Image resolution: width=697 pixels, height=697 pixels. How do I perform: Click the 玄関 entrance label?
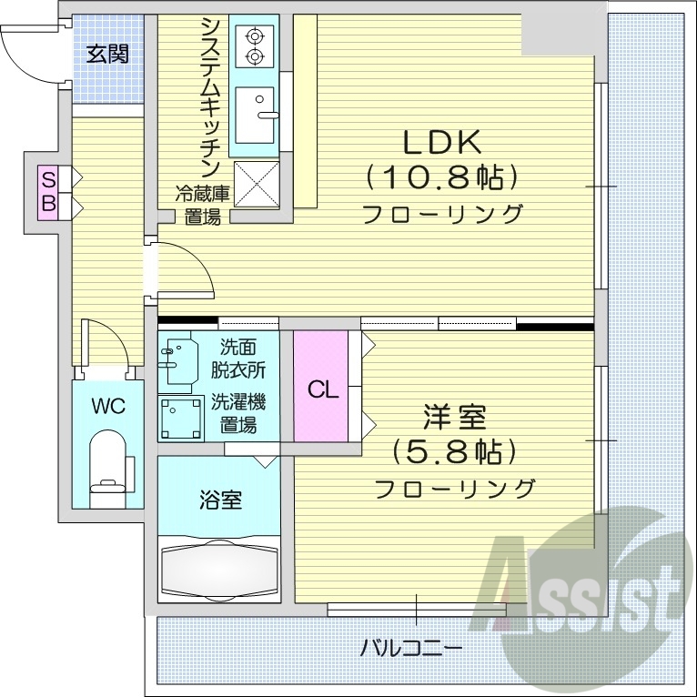107,54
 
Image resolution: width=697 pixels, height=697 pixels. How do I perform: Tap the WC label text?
107,406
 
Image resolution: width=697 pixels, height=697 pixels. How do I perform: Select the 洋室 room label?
454,418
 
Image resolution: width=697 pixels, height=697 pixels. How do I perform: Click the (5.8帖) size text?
454,452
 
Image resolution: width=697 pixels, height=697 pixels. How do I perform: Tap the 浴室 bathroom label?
220,499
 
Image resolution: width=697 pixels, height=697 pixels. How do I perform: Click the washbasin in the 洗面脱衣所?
181,361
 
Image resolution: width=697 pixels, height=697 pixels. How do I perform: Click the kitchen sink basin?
254,115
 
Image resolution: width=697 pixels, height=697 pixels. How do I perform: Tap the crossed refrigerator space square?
257,183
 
